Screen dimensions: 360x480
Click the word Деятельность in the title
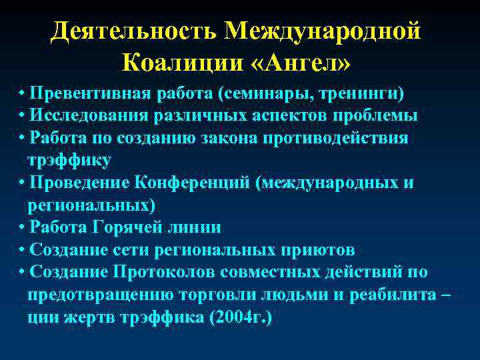pyautogui.click(x=133, y=31)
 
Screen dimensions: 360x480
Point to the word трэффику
pyautogui.click(x=69, y=160)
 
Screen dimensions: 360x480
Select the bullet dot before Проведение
pyautogui.click(x=23, y=183)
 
